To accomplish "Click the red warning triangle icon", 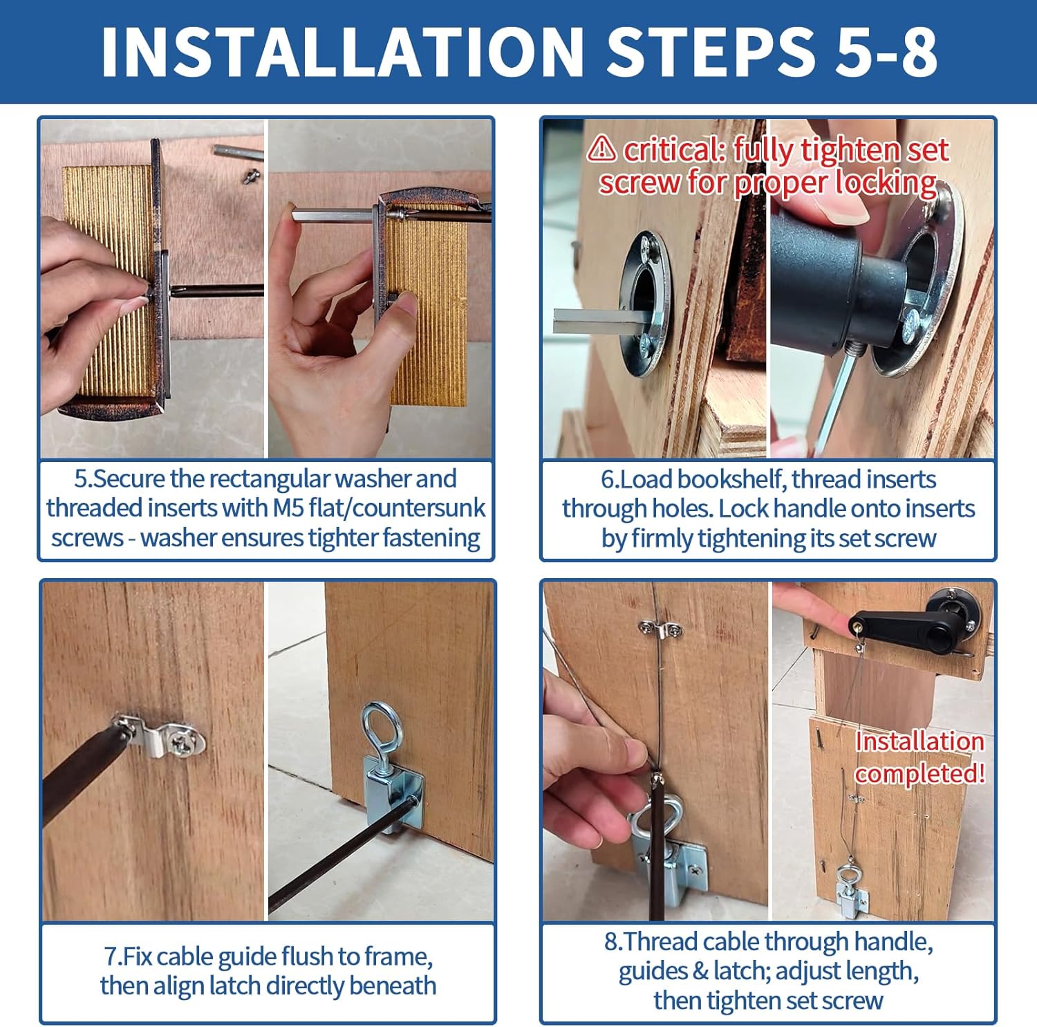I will tap(602, 148).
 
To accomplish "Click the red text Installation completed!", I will tap(919, 757).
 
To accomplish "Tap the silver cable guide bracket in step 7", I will tap(166, 738).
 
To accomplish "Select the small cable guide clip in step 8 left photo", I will tap(660, 629).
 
